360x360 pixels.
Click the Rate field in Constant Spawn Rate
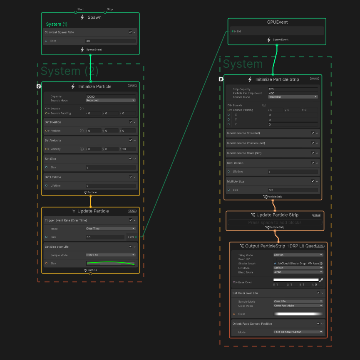110,41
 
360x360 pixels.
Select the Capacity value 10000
110,96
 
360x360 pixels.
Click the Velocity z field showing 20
128,149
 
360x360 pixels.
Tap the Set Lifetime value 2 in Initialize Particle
110,186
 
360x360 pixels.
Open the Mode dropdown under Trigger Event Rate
110,229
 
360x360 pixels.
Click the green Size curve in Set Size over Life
110,263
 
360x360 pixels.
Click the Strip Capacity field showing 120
293,89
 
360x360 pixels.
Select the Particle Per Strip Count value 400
293,93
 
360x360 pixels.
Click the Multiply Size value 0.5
293,190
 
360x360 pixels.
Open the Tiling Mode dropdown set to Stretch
298,255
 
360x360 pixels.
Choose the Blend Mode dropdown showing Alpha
298,272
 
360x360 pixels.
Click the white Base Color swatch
296,280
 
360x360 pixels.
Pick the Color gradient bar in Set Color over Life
298,314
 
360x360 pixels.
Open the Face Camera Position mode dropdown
298,332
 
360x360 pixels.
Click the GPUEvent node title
277,22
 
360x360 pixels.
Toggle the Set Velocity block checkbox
130,141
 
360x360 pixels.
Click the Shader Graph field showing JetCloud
298,264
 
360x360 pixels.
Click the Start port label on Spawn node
81,9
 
